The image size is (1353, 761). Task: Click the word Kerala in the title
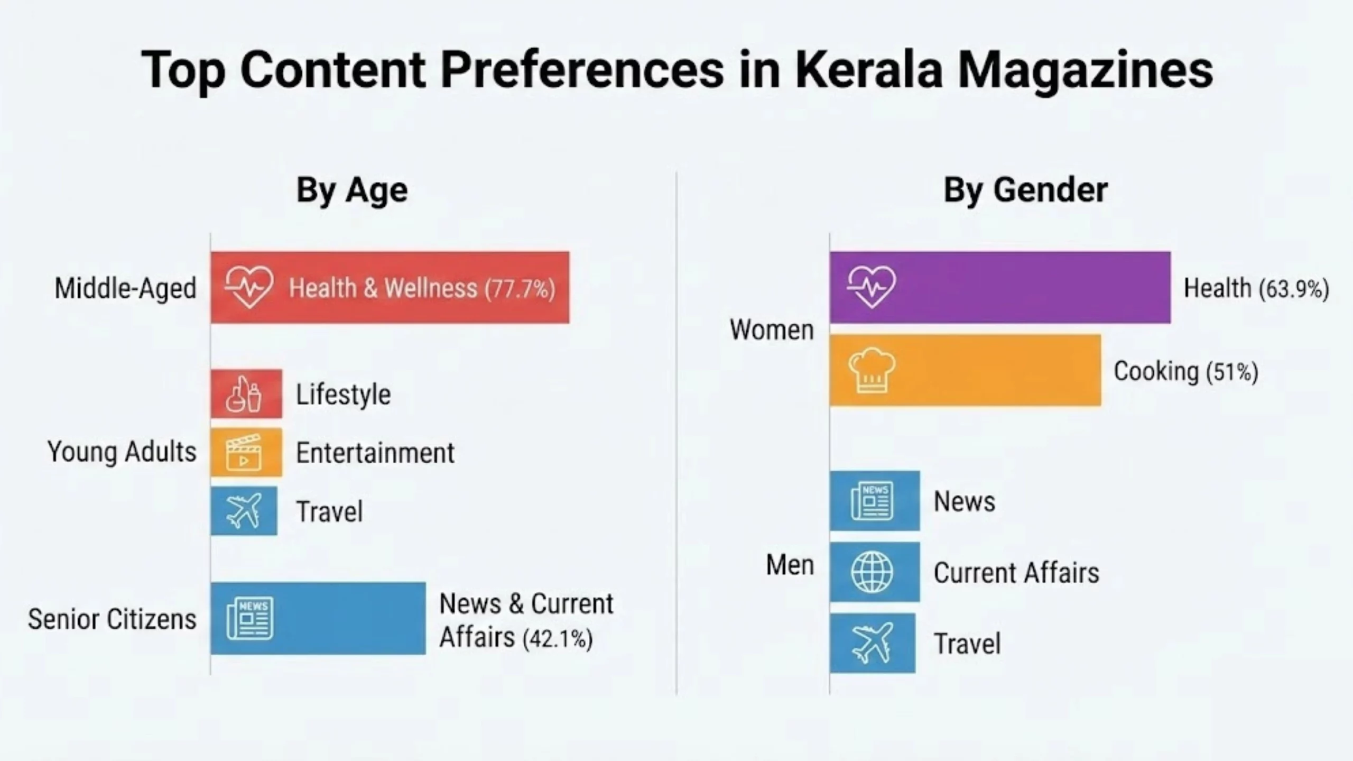pyautogui.click(x=868, y=70)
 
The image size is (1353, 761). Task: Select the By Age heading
pyautogui.click(x=352, y=190)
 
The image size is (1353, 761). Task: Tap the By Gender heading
pyautogui.click(x=1025, y=190)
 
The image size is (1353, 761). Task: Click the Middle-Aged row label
pyautogui.click(x=125, y=289)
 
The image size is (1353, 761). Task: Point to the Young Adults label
pyautogui.click(x=122, y=452)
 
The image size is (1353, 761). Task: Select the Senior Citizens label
pyautogui.click(x=112, y=619)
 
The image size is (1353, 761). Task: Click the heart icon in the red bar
pyautogui.click(x=249, y=287)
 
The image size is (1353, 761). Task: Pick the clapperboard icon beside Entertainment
pyautogui.click(x=244, y=453)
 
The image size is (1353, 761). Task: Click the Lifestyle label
pyautogui.click(x=343, y=395)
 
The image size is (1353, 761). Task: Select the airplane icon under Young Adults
pyautogui.click(x=244, y=511)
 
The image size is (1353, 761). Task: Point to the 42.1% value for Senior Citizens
pyautogui.click(x=558, y=639)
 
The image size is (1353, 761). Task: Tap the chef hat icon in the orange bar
pyautogui.click(x=872, y=370)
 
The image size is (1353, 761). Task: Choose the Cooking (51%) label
pyautogui.click(x=1185, y=371)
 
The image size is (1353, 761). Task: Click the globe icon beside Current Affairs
pyautogui.click(x=872, y=572)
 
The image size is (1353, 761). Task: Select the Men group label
pyautogui.click(x=790, y=565)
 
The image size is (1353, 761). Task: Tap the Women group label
pyautogui.click(x=771, y=330)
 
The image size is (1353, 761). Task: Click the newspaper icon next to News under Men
pyautogui.click(x=873, y=501)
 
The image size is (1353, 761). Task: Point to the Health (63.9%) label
pyautogui.click(x=1256, y=289)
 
